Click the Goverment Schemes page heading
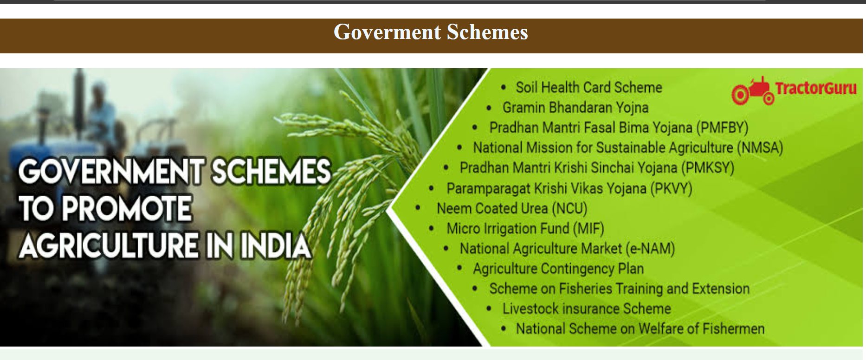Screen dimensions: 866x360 pos(431,32)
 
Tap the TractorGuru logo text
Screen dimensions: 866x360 pos(816,88)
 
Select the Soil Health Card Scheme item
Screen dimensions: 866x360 pos(589,87)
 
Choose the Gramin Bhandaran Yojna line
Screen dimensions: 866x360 pos(575,108)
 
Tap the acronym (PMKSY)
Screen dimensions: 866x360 pos(708,167)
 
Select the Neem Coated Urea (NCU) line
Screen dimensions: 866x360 pos(512,208)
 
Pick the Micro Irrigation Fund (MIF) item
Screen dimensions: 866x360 pos(525,228)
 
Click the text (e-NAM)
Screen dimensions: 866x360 pos(650,248)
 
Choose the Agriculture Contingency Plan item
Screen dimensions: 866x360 pos(558,269)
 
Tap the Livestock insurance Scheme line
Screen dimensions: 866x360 pos(587,309)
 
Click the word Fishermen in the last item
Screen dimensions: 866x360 pos(734,328)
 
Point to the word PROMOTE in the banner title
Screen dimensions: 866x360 pos(126,208)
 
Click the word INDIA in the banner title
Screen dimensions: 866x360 pos(275,245)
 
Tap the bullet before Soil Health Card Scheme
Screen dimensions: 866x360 pos(504,87)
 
